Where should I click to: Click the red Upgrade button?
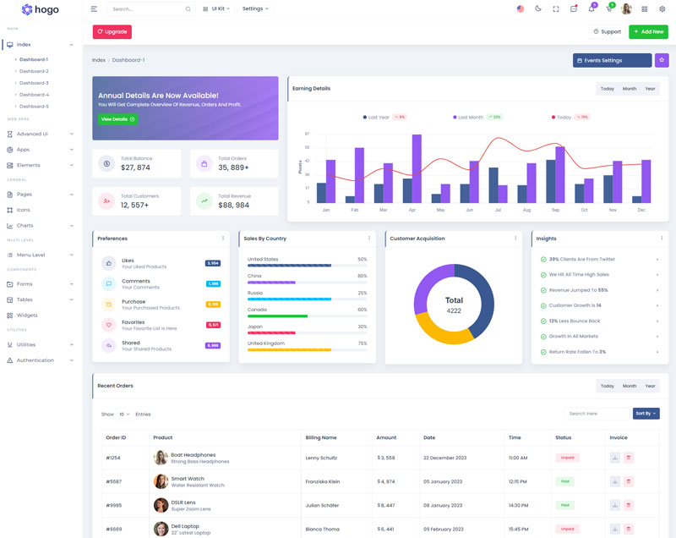pyautogui.click(x=112, y=32)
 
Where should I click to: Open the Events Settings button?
pyautogui.click(x=612, y=60)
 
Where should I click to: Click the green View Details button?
pyautogui.click(x=117, y=119)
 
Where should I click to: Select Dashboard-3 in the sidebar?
pyautogui.click(x=34, y=83)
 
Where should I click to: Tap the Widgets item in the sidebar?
pyautogui.click(x=27, y=315)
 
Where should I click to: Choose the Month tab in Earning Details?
pyautogui.click(x=630, y=89)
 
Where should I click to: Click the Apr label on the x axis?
pyautogui.click(x=412, y=210)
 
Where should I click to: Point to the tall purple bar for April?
pyautogui.click(x=417, y=168)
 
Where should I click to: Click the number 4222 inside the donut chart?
pyautogui.click(x=454, y=310)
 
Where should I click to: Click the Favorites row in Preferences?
pyautogui.click(x=138, y=325)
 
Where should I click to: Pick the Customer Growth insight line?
pyautogui.click(x=575, y=305)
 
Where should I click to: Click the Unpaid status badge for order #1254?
pyautogui.click(x=567, y=458)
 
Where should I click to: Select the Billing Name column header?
pyautogui.click(x=321, y=437)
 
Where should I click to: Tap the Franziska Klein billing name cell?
pyautogui.click(x=323, y=481)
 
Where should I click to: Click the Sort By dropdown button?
pyautogui.click(x=646, y=414)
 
